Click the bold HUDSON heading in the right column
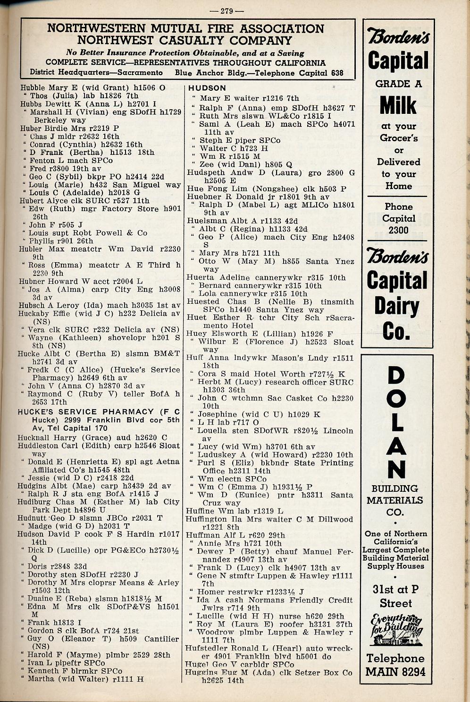point(207,88)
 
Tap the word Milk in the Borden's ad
point(398,105)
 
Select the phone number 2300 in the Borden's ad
point(398,230)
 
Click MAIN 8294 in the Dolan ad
point(396,671)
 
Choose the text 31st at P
point(395,590)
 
